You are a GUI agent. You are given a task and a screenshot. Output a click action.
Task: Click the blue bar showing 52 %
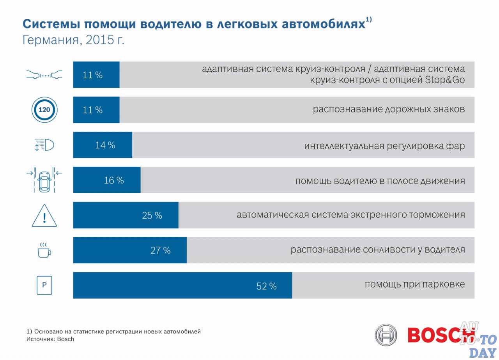[182, 286]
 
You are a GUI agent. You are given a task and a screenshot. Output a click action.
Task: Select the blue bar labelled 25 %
[126, 215]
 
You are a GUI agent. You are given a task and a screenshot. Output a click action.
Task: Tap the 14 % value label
[105, 145]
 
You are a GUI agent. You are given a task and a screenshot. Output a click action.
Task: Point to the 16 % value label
[114, 180]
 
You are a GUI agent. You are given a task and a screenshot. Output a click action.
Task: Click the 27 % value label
[161, 251]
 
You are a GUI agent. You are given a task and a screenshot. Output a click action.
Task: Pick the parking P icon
[44, 286]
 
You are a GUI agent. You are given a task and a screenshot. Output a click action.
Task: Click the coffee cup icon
[44, 250]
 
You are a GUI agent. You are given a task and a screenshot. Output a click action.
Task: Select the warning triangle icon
[44, 216]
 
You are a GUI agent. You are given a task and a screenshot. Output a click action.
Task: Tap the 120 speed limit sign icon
[44, 110]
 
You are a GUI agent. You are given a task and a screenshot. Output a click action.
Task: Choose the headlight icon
[44, 145]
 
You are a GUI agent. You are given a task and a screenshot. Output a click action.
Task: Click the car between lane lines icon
[44, 180]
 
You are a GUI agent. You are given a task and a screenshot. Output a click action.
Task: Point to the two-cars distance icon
[44, 74]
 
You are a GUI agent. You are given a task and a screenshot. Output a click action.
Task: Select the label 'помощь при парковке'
[414, 284]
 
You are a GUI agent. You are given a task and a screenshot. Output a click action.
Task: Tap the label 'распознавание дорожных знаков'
[389, 109]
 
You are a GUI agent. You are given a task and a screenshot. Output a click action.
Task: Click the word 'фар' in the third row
[456, 146]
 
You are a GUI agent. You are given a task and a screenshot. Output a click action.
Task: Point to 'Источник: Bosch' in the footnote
[50, 339]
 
